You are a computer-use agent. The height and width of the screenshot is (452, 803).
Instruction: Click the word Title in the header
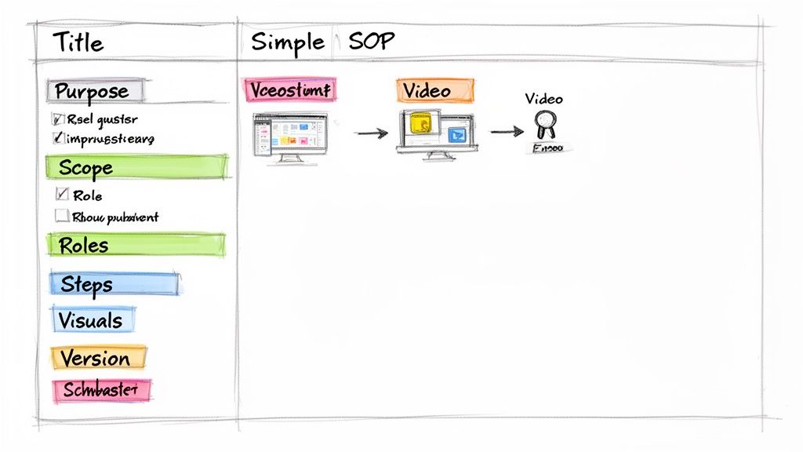(x=78, y=42)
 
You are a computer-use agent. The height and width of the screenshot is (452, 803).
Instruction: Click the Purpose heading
(x=93, y=91)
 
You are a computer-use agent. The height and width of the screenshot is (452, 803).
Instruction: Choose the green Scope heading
(x=86, y=168)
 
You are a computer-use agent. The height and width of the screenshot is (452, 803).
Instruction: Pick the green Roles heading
(x=84, y=245)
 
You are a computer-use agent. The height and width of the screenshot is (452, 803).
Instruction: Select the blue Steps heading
(x=87, y=284)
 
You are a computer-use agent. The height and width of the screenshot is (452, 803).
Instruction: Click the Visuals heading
(x=91, y=320)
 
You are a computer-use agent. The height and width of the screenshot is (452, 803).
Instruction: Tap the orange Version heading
(x=95, y=359)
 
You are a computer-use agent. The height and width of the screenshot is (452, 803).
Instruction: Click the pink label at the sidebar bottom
(x=100, y=390)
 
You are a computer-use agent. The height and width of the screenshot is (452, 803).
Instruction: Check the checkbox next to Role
(x=62, y=195)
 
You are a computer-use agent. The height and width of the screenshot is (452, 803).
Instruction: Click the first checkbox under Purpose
(x=57, y=119)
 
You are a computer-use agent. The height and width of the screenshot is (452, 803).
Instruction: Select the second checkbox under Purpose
(x=57, y=139)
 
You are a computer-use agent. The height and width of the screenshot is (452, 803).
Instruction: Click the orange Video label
(x=434, y=91)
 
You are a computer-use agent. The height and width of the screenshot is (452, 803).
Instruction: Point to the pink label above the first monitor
(x=289, y=90)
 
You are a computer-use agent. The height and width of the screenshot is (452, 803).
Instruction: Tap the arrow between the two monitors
(x=371, y=133)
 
